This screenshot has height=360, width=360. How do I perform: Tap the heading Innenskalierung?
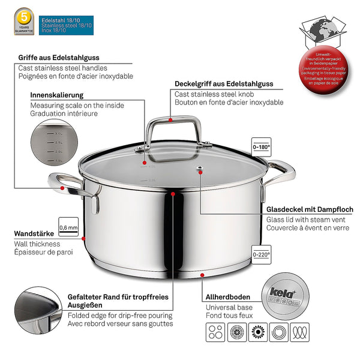click(56, 95)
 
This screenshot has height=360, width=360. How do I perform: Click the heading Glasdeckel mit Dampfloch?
click(309, 209)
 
